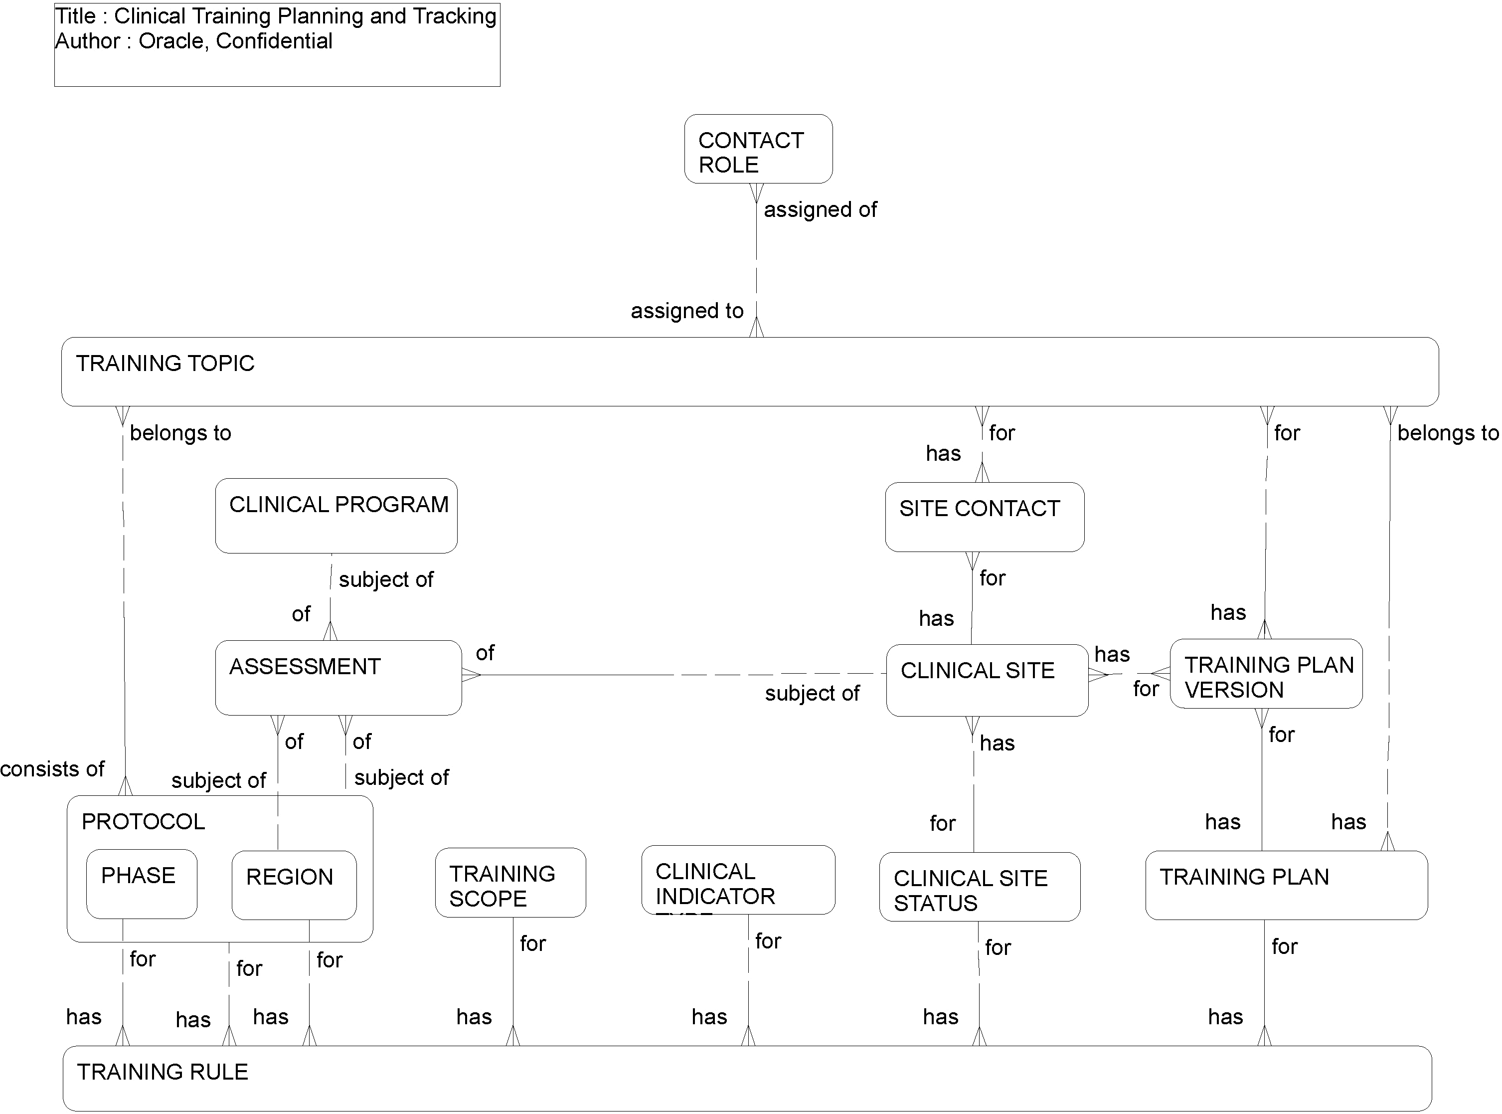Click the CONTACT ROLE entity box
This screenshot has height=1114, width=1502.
click(x=758, y=149)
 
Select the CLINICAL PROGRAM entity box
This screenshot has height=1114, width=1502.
click(x=335, y=516)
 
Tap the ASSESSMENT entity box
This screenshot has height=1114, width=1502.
click(x=338, y=677)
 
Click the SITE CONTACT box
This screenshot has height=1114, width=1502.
click(x=984, y=517)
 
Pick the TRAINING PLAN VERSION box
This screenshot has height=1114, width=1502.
click(x=1265, y=674)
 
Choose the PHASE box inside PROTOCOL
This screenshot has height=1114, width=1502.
click(x=142, y=884)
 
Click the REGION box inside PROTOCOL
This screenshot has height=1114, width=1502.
click(x=294, y=885)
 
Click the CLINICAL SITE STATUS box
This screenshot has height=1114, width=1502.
click(x=979, y=886)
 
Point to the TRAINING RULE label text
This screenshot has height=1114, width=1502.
click(x=163, y=1072)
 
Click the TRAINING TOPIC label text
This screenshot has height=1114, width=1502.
click(x=165, y=364)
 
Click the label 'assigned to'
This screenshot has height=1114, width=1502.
click(x=686, y=311)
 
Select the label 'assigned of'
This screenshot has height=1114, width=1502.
click(x=820, y=210)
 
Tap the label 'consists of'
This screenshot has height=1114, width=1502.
click(x=52, y=769)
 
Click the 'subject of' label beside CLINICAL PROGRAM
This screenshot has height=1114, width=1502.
click(x=386, y=579)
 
